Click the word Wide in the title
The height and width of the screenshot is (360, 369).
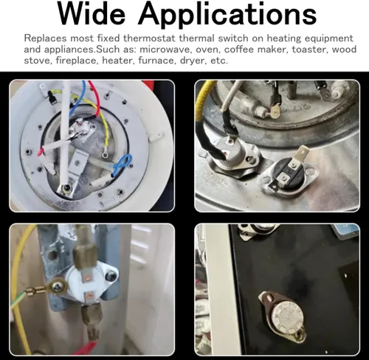click(92, 14)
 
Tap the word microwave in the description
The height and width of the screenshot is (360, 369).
click(165, 49)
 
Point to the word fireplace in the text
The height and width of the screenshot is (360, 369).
click(76, 60)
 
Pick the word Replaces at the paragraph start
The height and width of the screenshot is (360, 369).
click(45, 38)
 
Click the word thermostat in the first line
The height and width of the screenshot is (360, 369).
click(149, 38)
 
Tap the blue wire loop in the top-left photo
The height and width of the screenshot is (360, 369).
click(122, 164)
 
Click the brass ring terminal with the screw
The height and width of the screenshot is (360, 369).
click(58, 286)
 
